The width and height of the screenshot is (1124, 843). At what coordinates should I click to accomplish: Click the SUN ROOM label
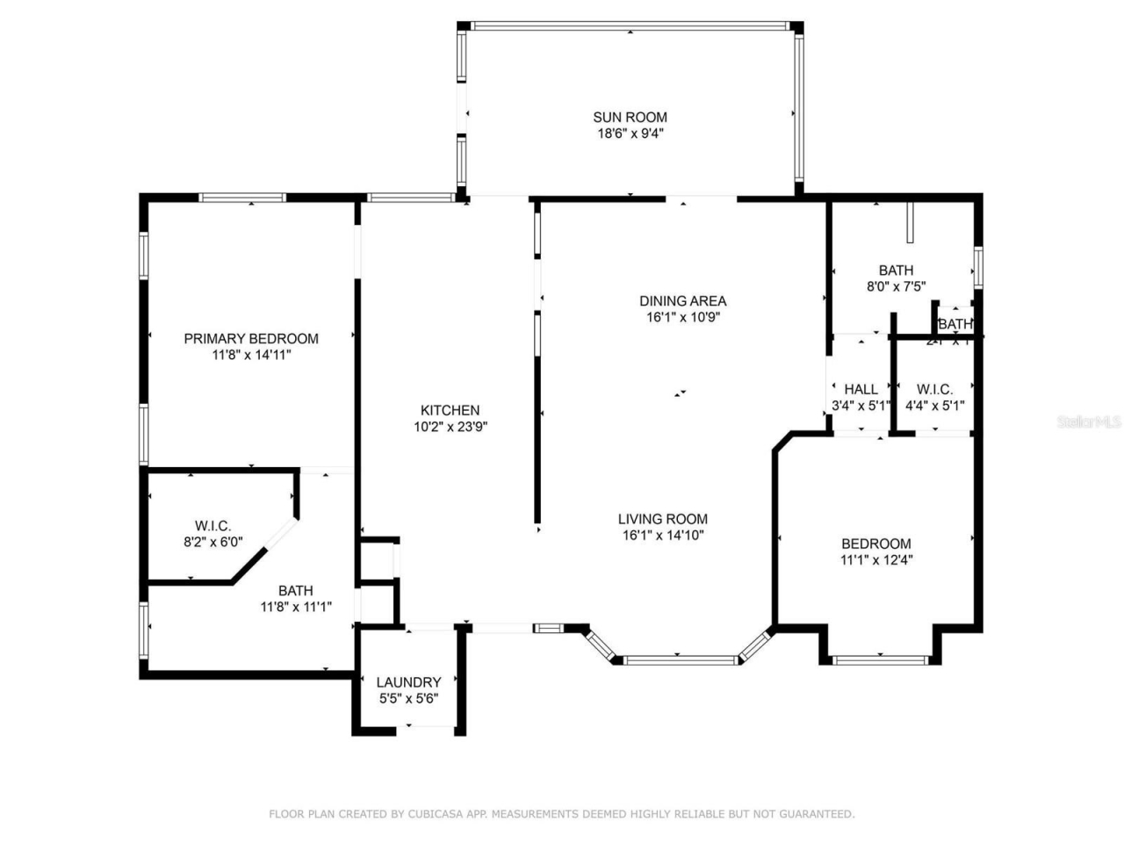(x=630, y=117)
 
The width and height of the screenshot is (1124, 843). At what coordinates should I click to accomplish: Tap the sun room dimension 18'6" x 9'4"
(x=630, y=133)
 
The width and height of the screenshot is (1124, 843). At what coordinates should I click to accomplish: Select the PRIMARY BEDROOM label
(x=251, y=339)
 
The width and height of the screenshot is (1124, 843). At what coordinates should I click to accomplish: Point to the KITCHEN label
(x=450, y=410)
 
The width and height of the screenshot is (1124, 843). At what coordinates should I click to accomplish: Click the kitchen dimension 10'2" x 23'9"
(x=450, y=427)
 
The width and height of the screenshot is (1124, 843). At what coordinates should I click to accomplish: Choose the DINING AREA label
(x=682, y=301)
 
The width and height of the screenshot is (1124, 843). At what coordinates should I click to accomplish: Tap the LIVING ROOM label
(x=662, y=519)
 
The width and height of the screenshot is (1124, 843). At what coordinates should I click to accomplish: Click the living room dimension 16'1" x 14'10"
(x=662, y=535)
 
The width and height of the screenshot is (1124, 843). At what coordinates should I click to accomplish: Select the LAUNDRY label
(x=408, y=682)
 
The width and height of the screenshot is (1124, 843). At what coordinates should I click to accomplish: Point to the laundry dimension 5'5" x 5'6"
(x=408, y=699)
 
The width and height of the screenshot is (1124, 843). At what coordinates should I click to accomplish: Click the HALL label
(x=861, y=389)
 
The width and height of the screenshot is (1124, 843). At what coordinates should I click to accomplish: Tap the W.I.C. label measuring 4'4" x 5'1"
(x=934, y=389)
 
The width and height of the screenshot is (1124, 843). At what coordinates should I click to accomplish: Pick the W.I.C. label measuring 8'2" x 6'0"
(x=213, y=526)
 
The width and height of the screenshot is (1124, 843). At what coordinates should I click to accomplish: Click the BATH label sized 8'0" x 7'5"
(x=896, y=270)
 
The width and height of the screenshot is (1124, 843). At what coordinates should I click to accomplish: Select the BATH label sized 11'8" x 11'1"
(x=296, y=590)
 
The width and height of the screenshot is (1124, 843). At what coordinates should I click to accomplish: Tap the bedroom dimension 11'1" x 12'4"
(x=876, y=559)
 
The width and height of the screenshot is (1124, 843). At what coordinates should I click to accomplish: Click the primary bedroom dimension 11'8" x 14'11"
(x=251, y=355)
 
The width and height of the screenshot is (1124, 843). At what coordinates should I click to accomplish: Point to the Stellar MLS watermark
(x=1089, y=422)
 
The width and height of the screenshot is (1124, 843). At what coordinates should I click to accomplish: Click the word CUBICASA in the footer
(x=436, y=814)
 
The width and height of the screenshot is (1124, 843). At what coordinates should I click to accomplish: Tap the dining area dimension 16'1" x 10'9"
(x=682, y=317)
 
